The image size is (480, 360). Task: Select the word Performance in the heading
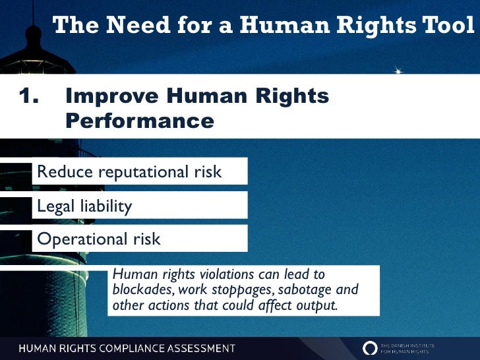click(x=140, y=121)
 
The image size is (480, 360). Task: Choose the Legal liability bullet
click(x=84, y=206)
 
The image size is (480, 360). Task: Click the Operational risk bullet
click(x=99, y=239)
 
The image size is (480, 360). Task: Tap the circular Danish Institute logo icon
click(x=371, y=347)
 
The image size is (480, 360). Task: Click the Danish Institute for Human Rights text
click(x=416, y=347)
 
